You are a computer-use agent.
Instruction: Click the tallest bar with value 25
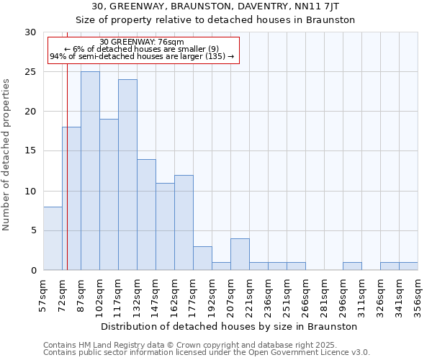pos(90,171)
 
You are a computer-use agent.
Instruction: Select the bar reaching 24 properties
pos(127,175)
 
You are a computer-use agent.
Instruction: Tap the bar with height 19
pos(109,194)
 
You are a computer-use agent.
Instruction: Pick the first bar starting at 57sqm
pos(53,238)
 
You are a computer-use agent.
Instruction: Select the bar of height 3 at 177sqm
pos(202,258)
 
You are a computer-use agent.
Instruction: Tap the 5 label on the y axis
pos(32,231)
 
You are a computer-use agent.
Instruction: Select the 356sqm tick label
pos(418,293)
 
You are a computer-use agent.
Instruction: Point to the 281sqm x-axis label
pos(324,293)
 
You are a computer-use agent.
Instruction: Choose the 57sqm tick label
pos(43,293)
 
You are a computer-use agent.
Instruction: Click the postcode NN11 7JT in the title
pos(330,6)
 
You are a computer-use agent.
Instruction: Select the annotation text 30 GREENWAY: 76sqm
pos(142,42)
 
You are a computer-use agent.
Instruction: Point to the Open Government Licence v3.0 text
pos(310,352)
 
